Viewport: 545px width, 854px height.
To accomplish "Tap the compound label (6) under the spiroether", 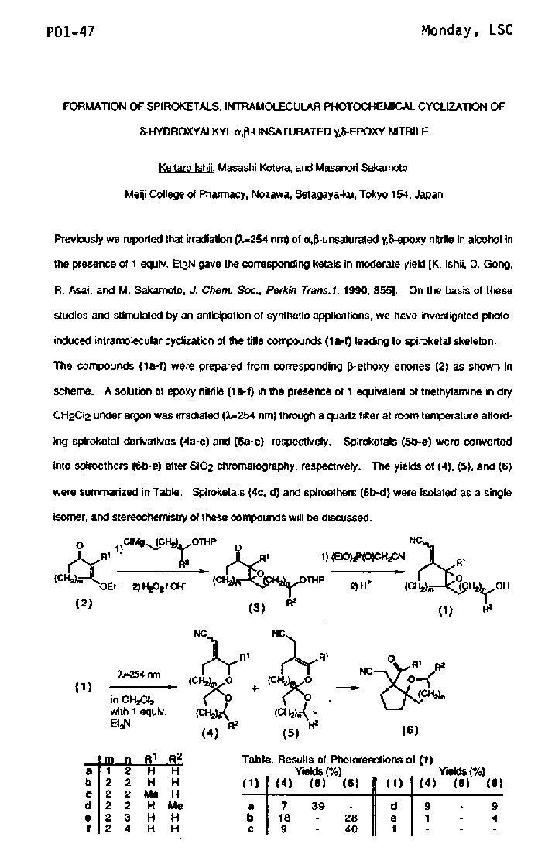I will pyautogui.click(x=410, y=729).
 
